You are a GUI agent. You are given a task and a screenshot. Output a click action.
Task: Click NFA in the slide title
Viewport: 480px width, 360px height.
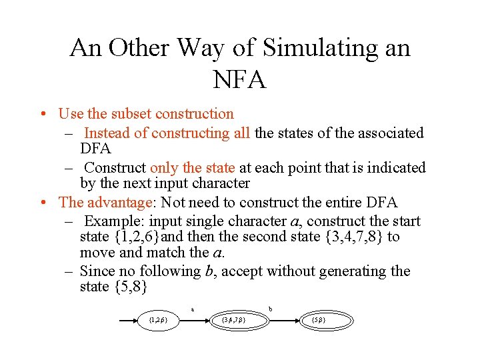240,79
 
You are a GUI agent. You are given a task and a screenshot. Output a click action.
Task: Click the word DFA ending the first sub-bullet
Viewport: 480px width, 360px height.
95,147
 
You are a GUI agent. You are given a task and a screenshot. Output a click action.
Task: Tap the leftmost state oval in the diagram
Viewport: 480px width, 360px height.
158,320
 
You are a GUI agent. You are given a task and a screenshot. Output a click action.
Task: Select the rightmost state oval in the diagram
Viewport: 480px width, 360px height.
319,320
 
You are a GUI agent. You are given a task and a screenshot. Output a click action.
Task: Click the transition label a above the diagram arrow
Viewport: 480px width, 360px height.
193,309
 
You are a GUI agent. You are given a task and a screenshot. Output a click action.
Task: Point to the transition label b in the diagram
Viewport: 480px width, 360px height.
270,309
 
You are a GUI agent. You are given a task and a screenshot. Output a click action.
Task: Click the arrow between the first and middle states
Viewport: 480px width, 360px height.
195,320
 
